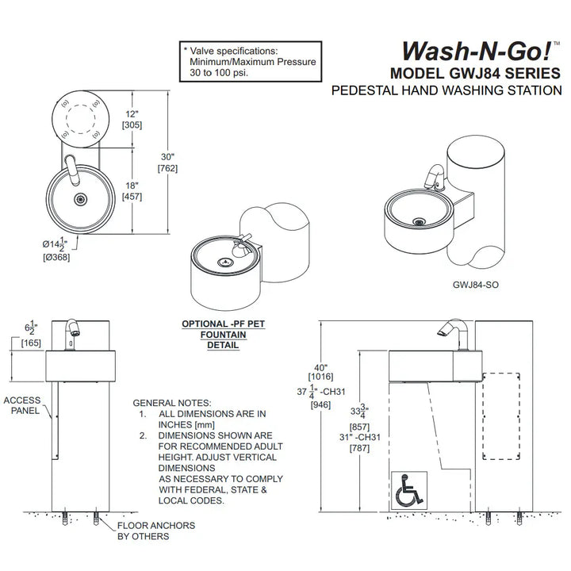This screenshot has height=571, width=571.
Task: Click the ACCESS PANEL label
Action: click(21, 405)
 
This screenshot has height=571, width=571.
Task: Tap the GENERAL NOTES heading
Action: click(172, 402)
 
